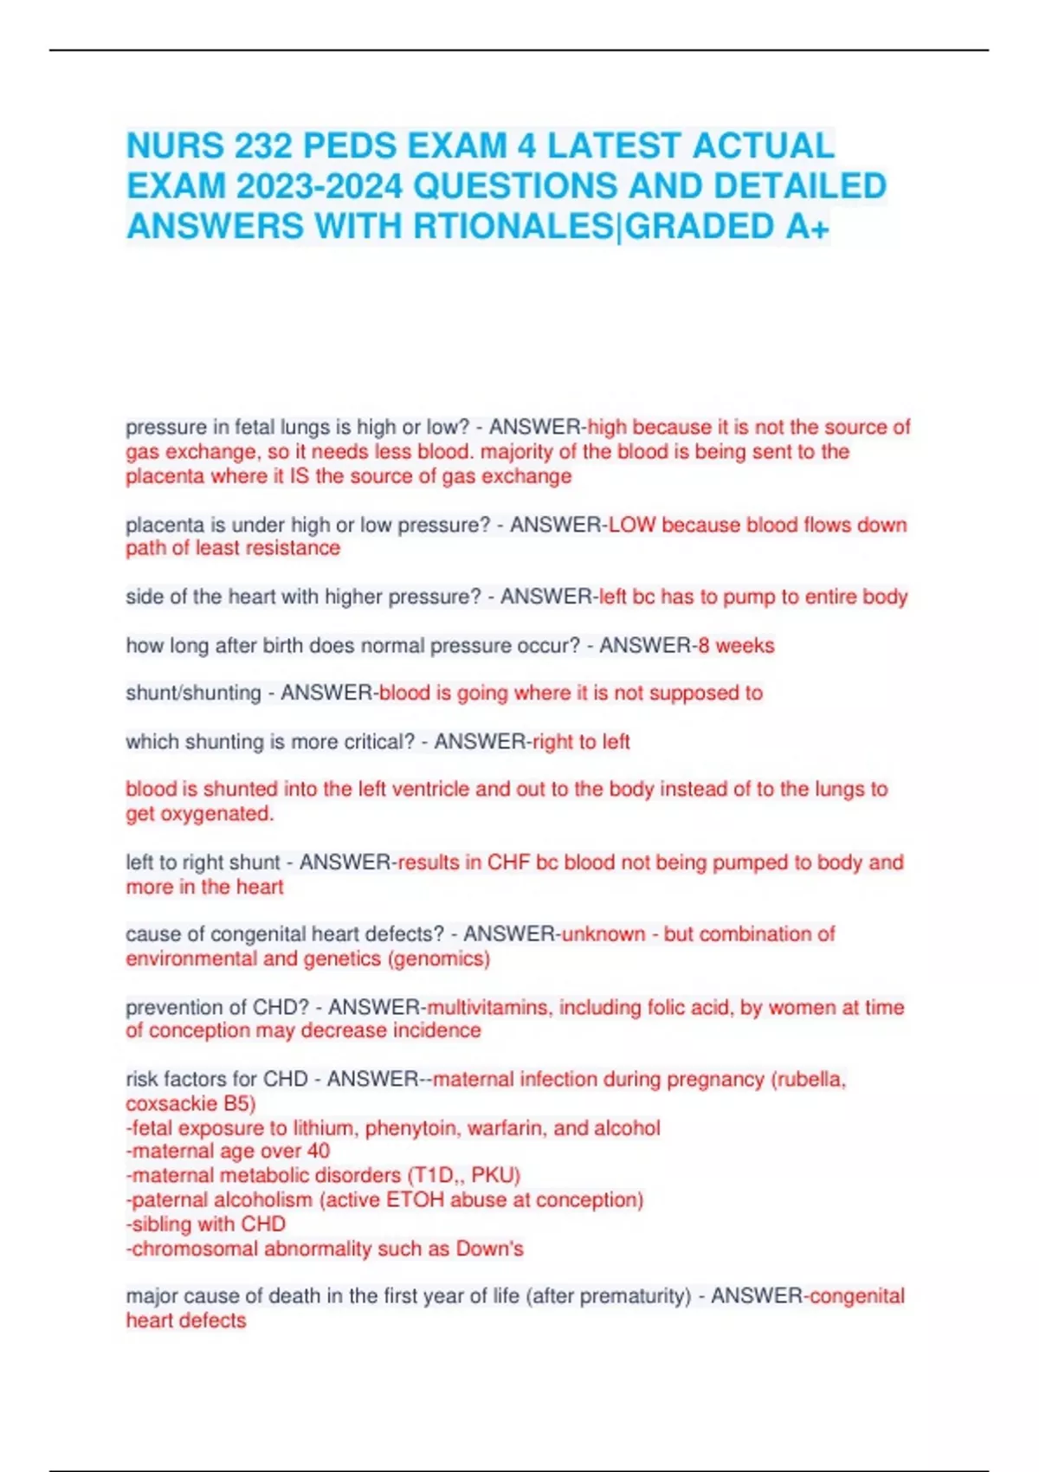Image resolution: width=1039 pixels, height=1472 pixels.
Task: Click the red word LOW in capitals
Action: [x=632, y=525]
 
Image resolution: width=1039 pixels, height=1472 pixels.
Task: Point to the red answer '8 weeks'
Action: [x=736, y=645]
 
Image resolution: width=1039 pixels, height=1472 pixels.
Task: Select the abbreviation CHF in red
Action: [x=508, y=862]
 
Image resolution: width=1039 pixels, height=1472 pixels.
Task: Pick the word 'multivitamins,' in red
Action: [x=489, y=1007]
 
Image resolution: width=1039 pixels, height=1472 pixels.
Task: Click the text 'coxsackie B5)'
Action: [x=190, y=1103]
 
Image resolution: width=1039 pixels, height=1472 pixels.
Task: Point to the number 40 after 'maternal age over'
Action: [x=318, y=1151]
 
